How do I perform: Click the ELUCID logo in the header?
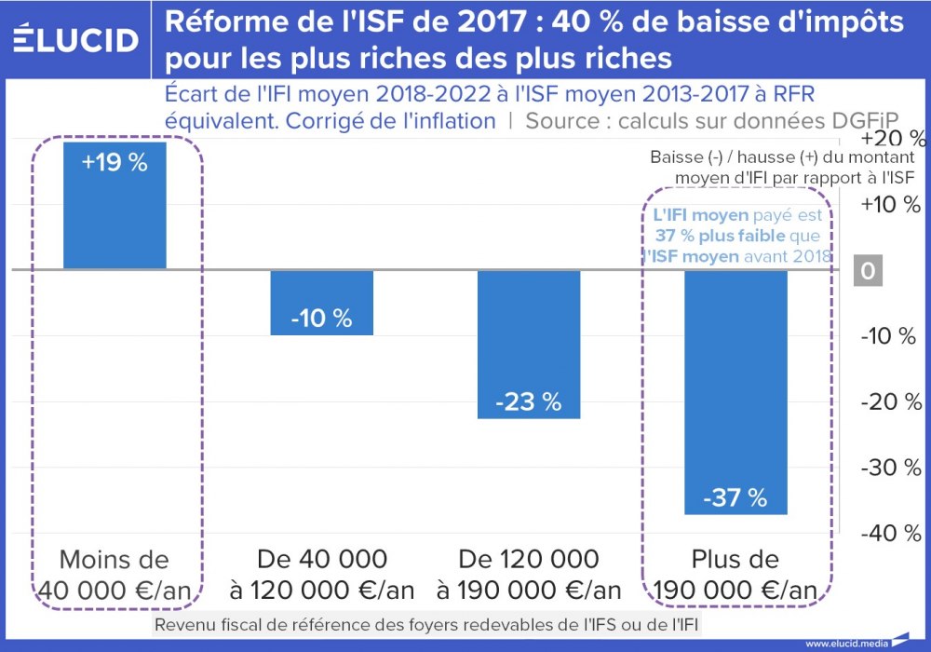point(76,39)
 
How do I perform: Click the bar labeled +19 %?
point(115,205)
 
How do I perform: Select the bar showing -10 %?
point(321,303)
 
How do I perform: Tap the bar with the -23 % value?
point(529,345)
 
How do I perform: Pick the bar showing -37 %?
point(735,392)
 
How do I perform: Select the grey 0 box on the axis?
point(869,270)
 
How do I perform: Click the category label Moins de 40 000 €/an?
point(115,575)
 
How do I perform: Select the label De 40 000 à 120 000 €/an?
point(321,575)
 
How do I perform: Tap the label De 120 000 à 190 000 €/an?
point(529,575)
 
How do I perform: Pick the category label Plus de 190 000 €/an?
point(735,575)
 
